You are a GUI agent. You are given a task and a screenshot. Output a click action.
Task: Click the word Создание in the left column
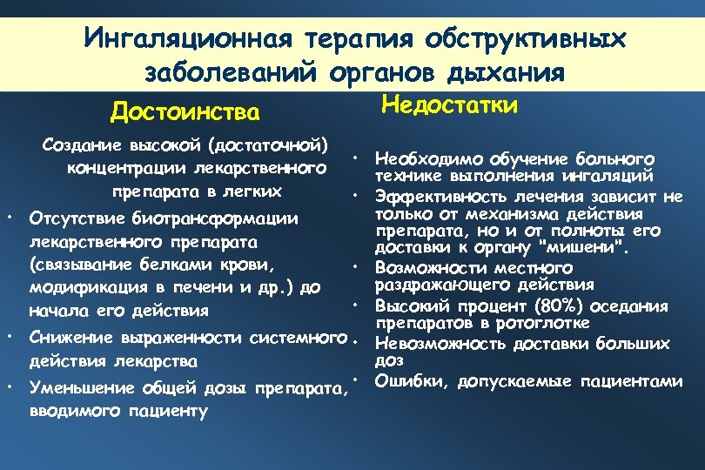point(84,143)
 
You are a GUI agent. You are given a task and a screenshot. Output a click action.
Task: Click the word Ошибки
point(402,380)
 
